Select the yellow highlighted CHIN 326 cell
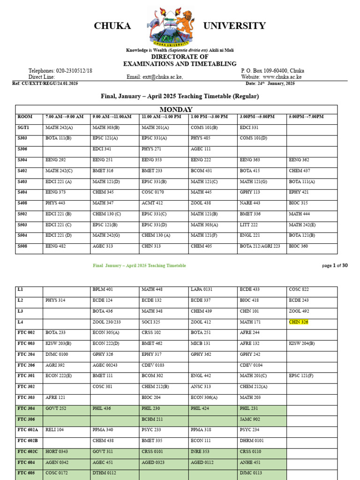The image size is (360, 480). click(x=299, y=322)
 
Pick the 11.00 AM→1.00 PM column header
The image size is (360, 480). click(x=161, y=117)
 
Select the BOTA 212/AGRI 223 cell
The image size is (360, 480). click(x=260, y=246)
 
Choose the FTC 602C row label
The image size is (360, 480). click(x=28, y=451)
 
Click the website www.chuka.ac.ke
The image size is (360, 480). click(x=282, y=77)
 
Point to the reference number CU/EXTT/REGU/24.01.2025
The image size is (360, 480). click(x=52, y=83)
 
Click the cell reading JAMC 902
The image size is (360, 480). click(x=250, y=419)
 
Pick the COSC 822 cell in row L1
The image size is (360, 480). click(x=299, y=290)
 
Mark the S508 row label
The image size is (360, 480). click(x=24, y=246)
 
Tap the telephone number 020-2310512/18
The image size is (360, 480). click(x=74, y=71)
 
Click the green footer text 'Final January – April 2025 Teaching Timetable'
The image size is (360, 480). click(x=139, y=265)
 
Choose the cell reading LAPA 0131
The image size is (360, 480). click(x=202, y=290)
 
